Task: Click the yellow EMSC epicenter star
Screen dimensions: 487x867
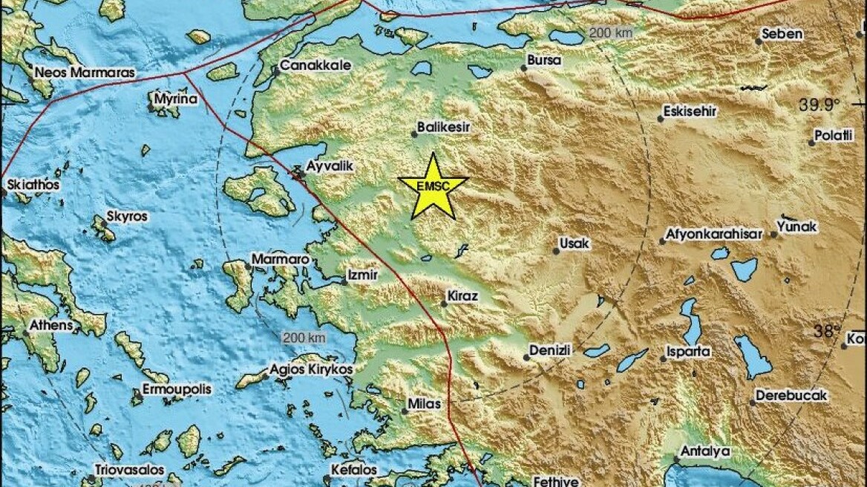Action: pyautogui.click(x=433, y=187)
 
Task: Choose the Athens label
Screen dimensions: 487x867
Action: pyautogui.click(x=51, y=325)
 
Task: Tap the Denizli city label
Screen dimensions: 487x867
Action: pyautogui.click(x=550, y=350)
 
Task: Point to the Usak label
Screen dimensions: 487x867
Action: pyautogui.click(x=575, y=244)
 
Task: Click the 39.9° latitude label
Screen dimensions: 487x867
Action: pyautogui.click(x=819, y=105)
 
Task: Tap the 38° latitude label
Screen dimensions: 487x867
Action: pyautogui.click(x=825, y=331)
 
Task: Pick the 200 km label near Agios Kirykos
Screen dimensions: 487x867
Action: pyautogui.click(x=304, y=338)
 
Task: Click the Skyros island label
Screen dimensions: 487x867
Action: pyautogui.click(x=128, y=217)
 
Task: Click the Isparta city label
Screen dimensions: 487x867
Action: pyautogui.click(x=688, y=351)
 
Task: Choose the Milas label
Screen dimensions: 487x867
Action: pyautogui.click(x=425, y=405)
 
